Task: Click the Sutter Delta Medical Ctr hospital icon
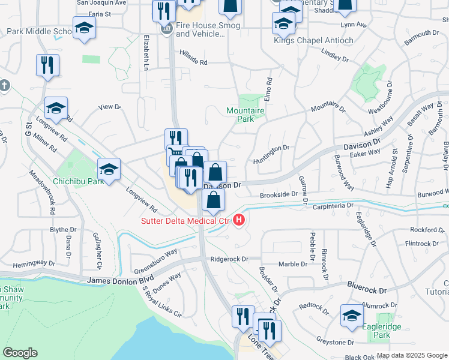click(240, 220)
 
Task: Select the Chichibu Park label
click(79, 180)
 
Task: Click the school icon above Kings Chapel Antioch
click(283, 25)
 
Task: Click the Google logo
click(20, 353)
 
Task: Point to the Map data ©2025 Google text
click(412, 355)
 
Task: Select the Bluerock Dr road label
click(366, 290)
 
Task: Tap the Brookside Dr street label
click(279, 194)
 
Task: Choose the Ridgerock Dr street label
click(229, 259)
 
